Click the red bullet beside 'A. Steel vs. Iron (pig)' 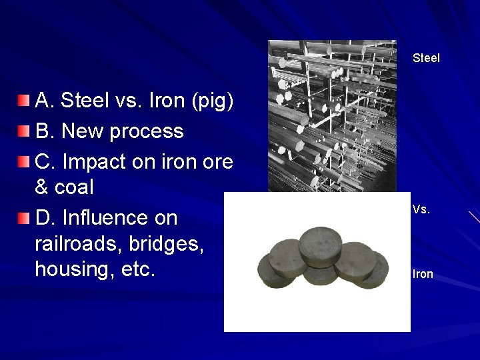point(24,101)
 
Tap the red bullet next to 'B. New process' point(24,131)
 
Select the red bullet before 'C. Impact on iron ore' point(24,162)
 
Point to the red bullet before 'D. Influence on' point(24,218)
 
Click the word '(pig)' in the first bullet point(212,101)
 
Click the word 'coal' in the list point(74,187)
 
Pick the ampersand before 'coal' point(41,187)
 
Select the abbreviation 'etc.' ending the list point(138,269)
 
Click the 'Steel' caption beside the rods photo point(426,58)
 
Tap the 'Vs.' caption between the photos point(421,209)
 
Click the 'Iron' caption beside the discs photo point(423,274)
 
